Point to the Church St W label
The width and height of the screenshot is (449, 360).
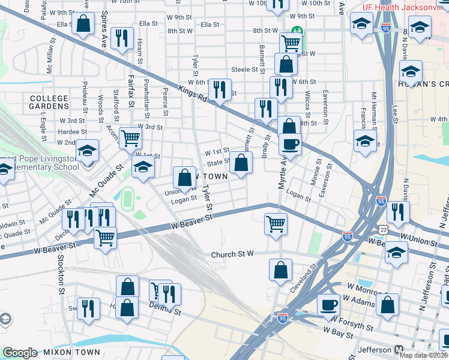pos(233,254)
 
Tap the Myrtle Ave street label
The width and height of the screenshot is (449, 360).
pos(280,172)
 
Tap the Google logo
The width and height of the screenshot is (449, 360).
pos(20,352)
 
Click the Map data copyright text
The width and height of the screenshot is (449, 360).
pos(423,355)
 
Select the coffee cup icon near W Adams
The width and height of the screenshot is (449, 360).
pos(328,304)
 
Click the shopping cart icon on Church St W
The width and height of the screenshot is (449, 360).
pos(276,223)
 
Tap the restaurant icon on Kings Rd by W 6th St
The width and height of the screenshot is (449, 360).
pos(220,90)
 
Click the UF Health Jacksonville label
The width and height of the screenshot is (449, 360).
pos(404,7)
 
